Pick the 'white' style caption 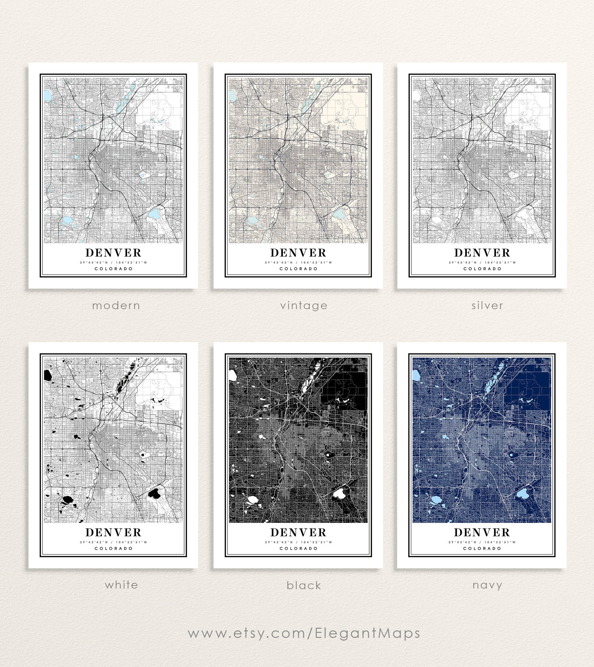pos(121,585)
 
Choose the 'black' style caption pos(304,585)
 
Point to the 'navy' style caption pos(487,585)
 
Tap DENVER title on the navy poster pos(482,532)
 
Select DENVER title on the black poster pos(298,532)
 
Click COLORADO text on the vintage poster pos(298,269)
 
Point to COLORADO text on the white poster pos(113,548)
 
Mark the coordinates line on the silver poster pos(482,262)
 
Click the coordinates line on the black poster pos(298,542)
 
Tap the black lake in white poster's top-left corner pos(48,376)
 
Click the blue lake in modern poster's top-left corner pos(47,96)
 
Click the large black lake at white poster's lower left pos(67,499)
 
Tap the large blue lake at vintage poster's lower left pos(252,220)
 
